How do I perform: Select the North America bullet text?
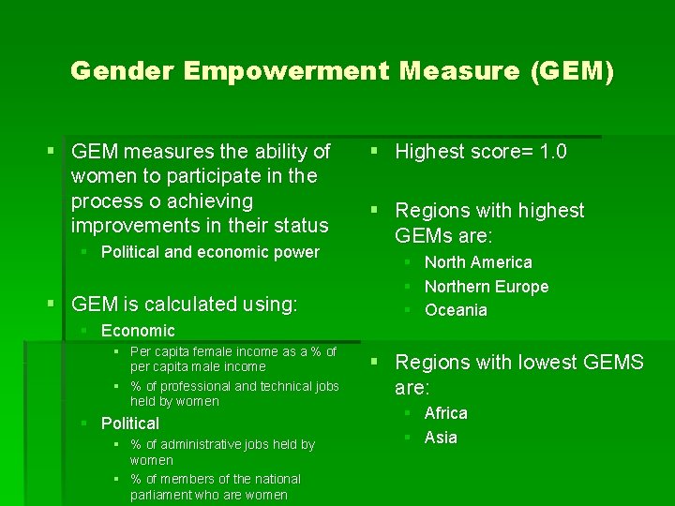tap(478, 262)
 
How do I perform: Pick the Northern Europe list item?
tap(486, 287)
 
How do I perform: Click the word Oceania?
tap(456, 310)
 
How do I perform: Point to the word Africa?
tap(445, 413)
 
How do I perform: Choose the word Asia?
tap(441, 438)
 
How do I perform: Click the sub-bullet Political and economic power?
tap(210, 252)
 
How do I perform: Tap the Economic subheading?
tap(138, 331)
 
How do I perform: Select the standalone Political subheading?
tap(130, 424)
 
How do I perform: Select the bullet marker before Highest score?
tap(373, 151)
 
